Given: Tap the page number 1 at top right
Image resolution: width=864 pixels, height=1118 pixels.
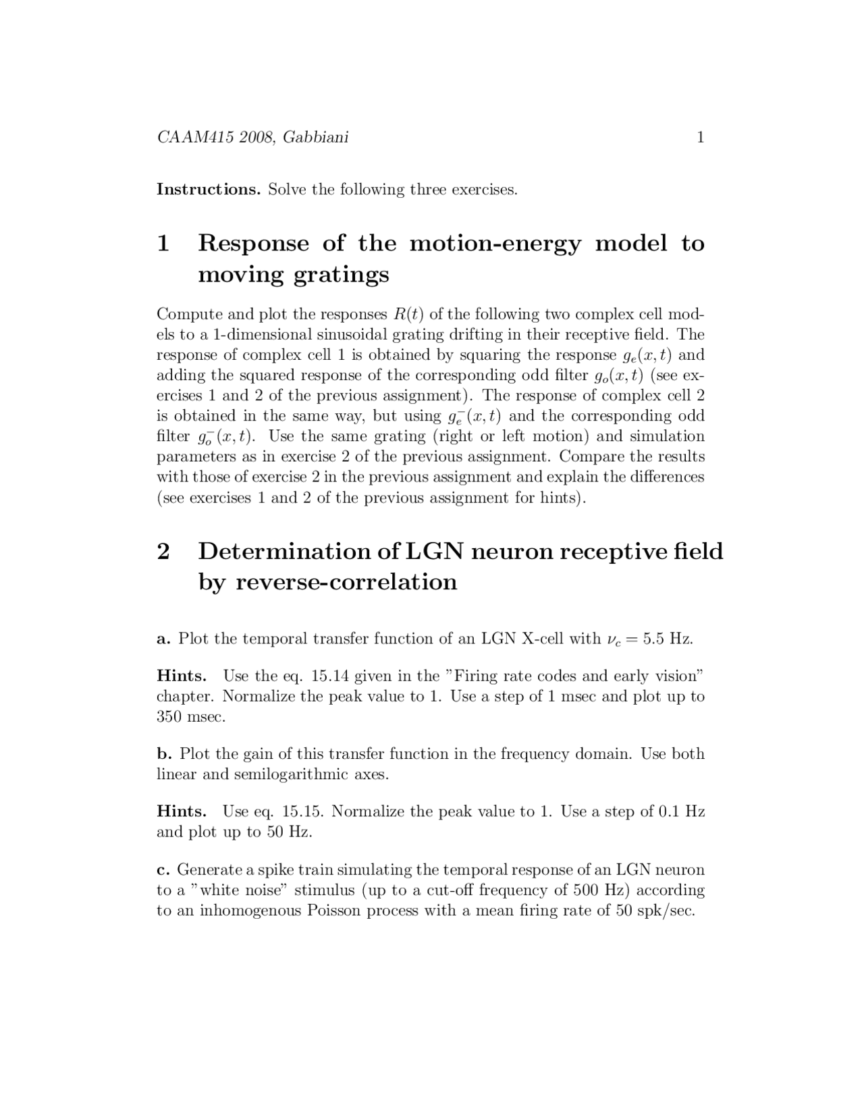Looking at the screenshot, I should coord(700,138).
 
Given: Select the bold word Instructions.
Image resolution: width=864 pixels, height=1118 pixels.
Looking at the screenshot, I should coord(208,189).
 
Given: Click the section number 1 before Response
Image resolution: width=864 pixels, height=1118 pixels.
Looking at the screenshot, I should coord(163,243).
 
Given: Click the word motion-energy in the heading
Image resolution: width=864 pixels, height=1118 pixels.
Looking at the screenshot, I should coord(495,243).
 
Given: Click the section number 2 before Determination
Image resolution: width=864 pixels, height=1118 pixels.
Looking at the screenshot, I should coord(163,551).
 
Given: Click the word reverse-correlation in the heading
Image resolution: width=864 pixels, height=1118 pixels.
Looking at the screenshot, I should coord(346,581).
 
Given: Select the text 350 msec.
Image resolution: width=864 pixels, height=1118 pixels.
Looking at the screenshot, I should coord(190,717).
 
